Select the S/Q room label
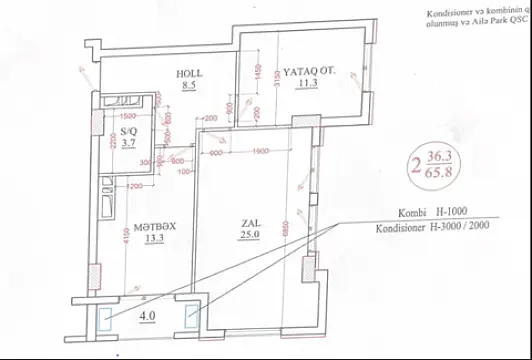pos(128,131)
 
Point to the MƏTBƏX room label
pos(155,225)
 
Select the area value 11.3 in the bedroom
pos(306,85)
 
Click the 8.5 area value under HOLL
pos(188,86)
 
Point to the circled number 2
pos(413,166)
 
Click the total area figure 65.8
pos(439,173)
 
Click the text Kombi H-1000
pos(431,212)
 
